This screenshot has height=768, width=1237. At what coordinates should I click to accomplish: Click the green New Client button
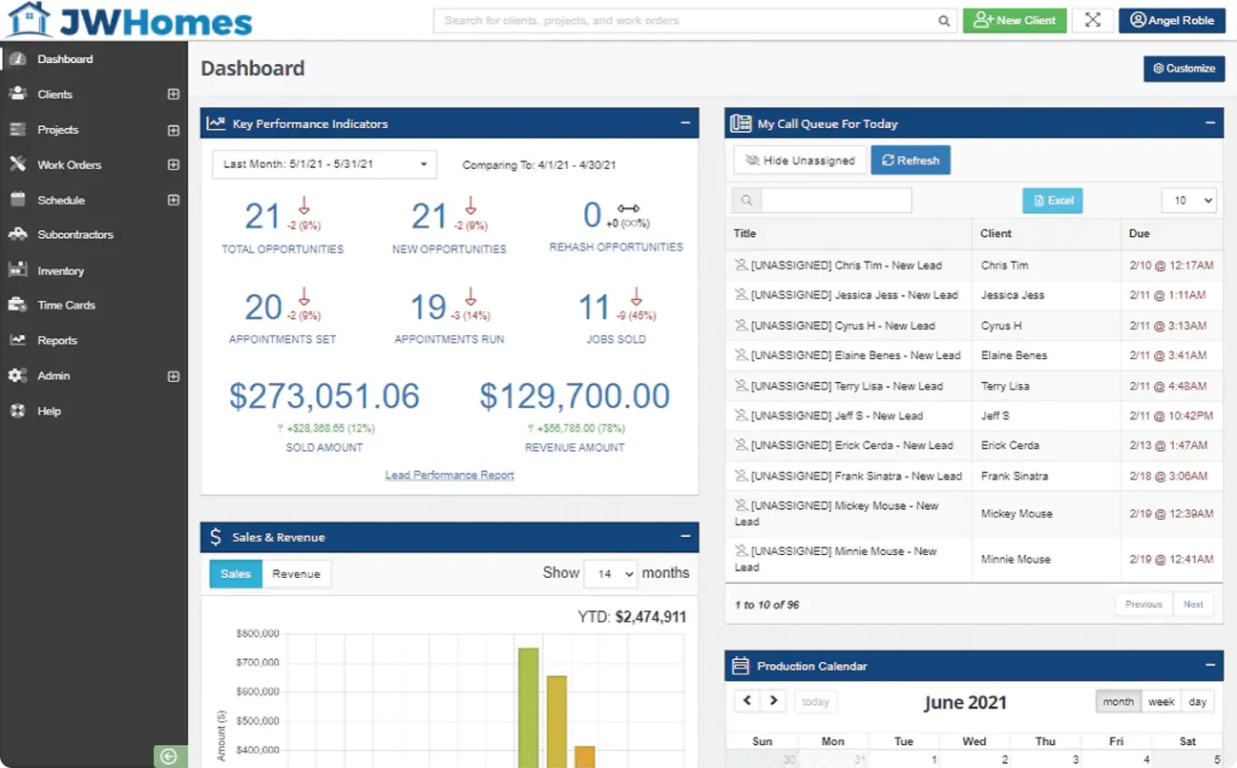(1014, 20)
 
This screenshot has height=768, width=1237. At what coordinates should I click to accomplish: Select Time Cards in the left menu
(66, 306)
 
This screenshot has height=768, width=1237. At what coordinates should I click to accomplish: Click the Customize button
(1184, 69)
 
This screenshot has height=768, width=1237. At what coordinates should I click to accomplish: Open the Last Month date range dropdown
(325, 164)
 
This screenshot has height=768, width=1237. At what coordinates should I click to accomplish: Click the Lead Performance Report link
(450, 475)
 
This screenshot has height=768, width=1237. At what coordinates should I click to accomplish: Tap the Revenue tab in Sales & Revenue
(296, 574)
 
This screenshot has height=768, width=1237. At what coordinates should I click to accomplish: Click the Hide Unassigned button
(800, 160)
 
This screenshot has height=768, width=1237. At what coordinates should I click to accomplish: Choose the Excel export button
(1052, 201)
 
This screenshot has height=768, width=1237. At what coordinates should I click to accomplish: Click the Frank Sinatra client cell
(1014, 476)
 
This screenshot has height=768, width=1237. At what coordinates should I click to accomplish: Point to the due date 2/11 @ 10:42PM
(1170, 416)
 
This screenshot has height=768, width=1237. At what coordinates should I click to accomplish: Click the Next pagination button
(1193, 604)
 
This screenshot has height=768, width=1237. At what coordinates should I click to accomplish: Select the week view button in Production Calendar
(1161, 701)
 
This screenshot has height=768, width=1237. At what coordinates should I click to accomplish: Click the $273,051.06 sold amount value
(325, 396)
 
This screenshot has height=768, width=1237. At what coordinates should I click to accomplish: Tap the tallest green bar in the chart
(528, 707)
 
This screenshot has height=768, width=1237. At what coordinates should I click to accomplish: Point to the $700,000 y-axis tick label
(257, 662)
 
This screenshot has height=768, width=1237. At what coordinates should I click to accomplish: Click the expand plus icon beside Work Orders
(174, 165)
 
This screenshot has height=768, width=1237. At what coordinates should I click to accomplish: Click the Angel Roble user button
(1171, 20)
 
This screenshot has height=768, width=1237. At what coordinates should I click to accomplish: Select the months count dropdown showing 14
(610, 573)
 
